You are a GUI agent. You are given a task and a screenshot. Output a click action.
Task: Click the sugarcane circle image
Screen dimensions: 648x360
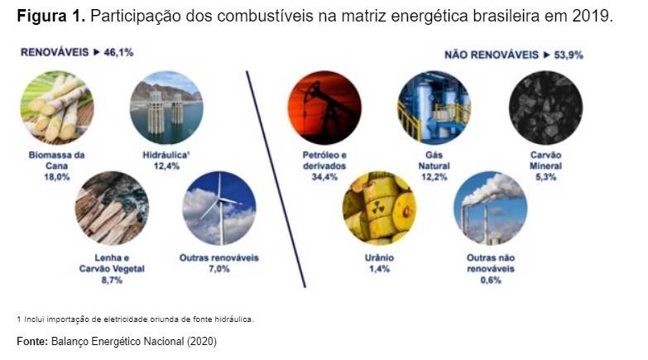pyautogui.click(x=57, y=108)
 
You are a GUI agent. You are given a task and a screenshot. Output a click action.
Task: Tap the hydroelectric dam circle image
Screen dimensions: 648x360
pyautogui.click(x=166, y=108)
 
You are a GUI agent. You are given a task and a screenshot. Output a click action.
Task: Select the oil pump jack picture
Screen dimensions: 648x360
pyautogui.click(x=324, y=108)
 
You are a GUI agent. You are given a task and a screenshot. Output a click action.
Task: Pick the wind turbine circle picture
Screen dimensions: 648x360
pyautogui.click(x=219, y=209)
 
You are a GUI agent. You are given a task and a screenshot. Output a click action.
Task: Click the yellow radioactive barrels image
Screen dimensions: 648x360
pyautogui.click(x=379, y=209)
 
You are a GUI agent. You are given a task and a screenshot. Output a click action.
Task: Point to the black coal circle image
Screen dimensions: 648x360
pyautogui.click(x=545, y=108)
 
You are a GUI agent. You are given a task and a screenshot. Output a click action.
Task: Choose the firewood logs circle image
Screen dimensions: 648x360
pyautogui.click(x=112, y=209)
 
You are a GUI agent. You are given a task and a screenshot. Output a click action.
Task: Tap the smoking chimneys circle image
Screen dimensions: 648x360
pyautogui.click(x=491, y=209)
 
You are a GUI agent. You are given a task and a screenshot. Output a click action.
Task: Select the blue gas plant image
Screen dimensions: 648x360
pyautogui.click(x=434, y=108)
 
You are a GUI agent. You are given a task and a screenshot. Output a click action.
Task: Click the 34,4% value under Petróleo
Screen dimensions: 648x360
pyautogui.click(x=324, y=177)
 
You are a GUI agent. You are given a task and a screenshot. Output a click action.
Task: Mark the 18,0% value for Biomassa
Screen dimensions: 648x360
pyautogui.click(x=57, y=177)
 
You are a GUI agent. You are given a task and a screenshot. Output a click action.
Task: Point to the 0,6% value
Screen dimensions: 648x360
pyautogui.click(x=491, y=281)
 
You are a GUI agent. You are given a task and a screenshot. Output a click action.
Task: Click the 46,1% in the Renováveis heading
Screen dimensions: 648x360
pyautogui.click(x=118, y=52)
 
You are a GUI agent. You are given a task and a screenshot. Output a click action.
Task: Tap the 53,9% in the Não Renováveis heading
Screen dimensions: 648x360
pyautogui.click(x=569, y=55)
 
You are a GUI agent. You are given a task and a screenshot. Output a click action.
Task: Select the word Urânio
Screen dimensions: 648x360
pyautogui.click(x=379, y=258)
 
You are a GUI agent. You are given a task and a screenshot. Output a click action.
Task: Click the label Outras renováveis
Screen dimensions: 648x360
pyautogui.click(x=219, y=258)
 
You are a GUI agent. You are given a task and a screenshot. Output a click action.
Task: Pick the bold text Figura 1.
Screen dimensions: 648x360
pyautogui.click(x=50, y=17)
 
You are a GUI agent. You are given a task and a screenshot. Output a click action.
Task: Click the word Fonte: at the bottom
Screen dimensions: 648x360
pyautogui.click(x=32, y=342)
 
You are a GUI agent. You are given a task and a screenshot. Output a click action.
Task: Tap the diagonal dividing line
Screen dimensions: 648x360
pyautogui.click(x=276, y=179)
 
